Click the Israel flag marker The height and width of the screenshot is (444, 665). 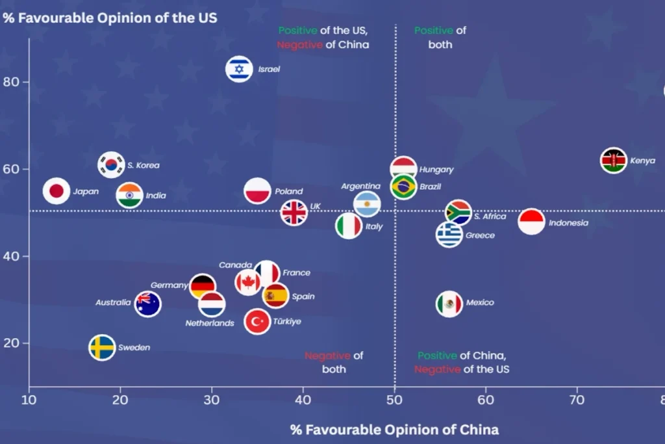pyautogui.click(x=239, y=69)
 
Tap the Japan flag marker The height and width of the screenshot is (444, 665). pyautogui.click(x=56, y=191)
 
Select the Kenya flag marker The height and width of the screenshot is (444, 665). pyautogui.click(x=613, y=161)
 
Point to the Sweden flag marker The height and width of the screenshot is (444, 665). pyautogui.click(x=103, y=348)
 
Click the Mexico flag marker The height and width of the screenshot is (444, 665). pyautogui.click(x=449, y=303)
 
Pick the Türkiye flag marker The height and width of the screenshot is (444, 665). pyautogui.click(x=258, y=321)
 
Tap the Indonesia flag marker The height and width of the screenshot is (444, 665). pyautogui.click(x=531, y=222)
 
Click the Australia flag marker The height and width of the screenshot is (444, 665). pyautogui.click(x=148, y=304)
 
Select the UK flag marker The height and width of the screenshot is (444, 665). pyautogui.click(x=294, y=212)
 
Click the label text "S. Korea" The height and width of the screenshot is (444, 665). pyautogui.click(x=143, y=165)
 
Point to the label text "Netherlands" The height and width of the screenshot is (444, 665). pyautogui.click(x=210, y=323)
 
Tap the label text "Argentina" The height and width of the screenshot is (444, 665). pyautogui.click(x=360, y=187)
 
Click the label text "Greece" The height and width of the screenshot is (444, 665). pyautogui.click(x=480, y=235)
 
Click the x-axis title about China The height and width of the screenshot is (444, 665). pyautogui.click(x=394, y=429)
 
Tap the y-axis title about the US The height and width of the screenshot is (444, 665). pyautogui.click(x=110, y=18)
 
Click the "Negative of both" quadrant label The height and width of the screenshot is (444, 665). pyautogui.click(x=334, y=362)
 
